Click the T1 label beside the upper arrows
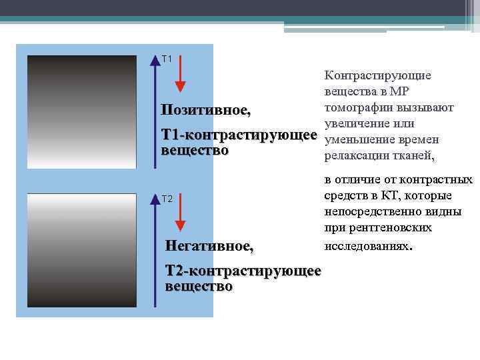click(167, 59)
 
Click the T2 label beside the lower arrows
click(167, 199)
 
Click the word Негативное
click(209, 247)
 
